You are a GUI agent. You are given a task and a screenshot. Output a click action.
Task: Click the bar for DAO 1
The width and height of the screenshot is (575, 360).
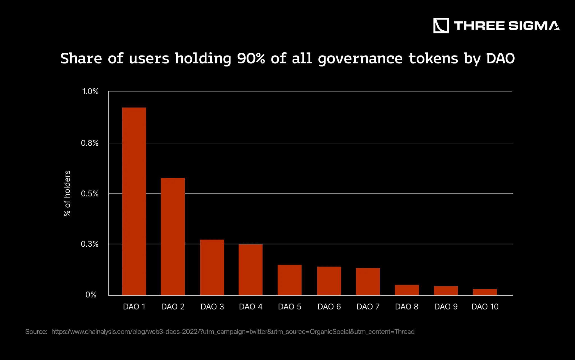(134, 201)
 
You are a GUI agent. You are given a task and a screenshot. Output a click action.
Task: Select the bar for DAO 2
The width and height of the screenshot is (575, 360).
(173, 236)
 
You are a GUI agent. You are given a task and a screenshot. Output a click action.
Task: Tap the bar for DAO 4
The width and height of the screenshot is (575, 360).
(250, 269)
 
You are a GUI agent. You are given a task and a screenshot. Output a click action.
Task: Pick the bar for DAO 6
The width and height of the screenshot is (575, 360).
(329, 281)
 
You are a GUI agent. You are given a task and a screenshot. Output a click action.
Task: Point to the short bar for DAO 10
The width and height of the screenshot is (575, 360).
(485, 292)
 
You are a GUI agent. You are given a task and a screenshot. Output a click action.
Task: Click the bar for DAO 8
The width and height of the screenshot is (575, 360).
(407, 290)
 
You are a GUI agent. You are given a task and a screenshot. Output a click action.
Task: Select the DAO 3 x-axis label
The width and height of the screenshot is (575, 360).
(212, 307)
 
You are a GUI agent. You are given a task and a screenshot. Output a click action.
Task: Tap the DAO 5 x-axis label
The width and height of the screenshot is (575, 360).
(289, 307)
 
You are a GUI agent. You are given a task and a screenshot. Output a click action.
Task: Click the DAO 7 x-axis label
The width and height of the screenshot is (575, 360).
(368, 307)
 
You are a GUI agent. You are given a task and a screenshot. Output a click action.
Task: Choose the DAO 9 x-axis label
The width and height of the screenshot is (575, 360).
(446, 307)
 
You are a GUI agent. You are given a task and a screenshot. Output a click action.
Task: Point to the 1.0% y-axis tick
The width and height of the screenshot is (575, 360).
(90, 91)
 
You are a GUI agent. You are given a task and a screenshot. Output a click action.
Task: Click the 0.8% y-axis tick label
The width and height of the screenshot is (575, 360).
(90, 143)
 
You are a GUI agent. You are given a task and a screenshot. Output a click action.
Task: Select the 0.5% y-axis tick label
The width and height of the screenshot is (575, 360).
(90, 194)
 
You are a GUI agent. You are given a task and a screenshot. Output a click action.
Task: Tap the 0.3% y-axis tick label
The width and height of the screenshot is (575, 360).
(90, 244)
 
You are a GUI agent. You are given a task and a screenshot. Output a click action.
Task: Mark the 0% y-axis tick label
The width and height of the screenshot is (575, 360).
(91, 295)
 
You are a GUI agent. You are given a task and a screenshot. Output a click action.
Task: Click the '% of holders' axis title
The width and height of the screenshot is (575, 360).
(67, 193)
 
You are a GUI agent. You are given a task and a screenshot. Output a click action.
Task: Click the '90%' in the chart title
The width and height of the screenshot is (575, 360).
(251, 58)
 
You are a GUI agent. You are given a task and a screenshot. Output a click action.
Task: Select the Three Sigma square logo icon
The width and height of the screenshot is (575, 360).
(441, 26)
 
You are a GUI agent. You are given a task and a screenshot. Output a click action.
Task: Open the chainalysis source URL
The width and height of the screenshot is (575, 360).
(233, 332)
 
